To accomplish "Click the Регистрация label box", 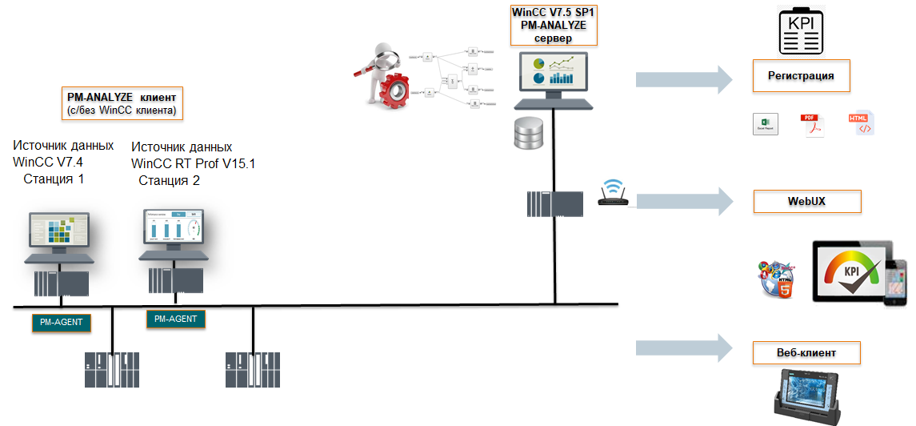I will point(801,76).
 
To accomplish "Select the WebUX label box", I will point(806,201).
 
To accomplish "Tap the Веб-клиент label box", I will point(806,352).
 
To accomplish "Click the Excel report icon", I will point(766,124).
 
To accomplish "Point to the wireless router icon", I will point(614,194).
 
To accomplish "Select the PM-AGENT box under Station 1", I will point(62,323).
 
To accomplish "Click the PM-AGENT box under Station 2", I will point(176,319).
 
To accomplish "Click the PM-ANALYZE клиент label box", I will point(122,103).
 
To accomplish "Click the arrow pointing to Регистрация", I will point(684,78).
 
